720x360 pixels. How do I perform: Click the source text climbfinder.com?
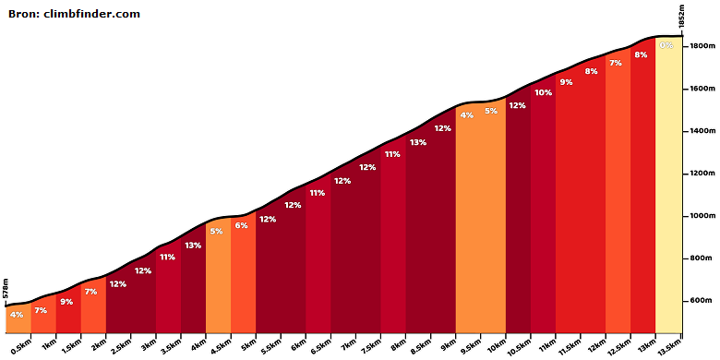(x=91, y=14)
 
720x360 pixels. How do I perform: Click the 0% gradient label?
(x=666, y=45)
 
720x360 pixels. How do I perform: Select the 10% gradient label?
(x=543, y=92)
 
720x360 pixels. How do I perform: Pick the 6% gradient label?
(x=242, y=225)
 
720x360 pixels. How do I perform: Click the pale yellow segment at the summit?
(x=668, y=184)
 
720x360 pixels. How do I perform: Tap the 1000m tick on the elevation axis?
(x=684, y=216)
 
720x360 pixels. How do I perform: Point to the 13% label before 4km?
(x=193, y=246)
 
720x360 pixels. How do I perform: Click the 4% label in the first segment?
(x=17, y=315)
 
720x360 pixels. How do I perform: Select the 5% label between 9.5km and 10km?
(x=491, y=111)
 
